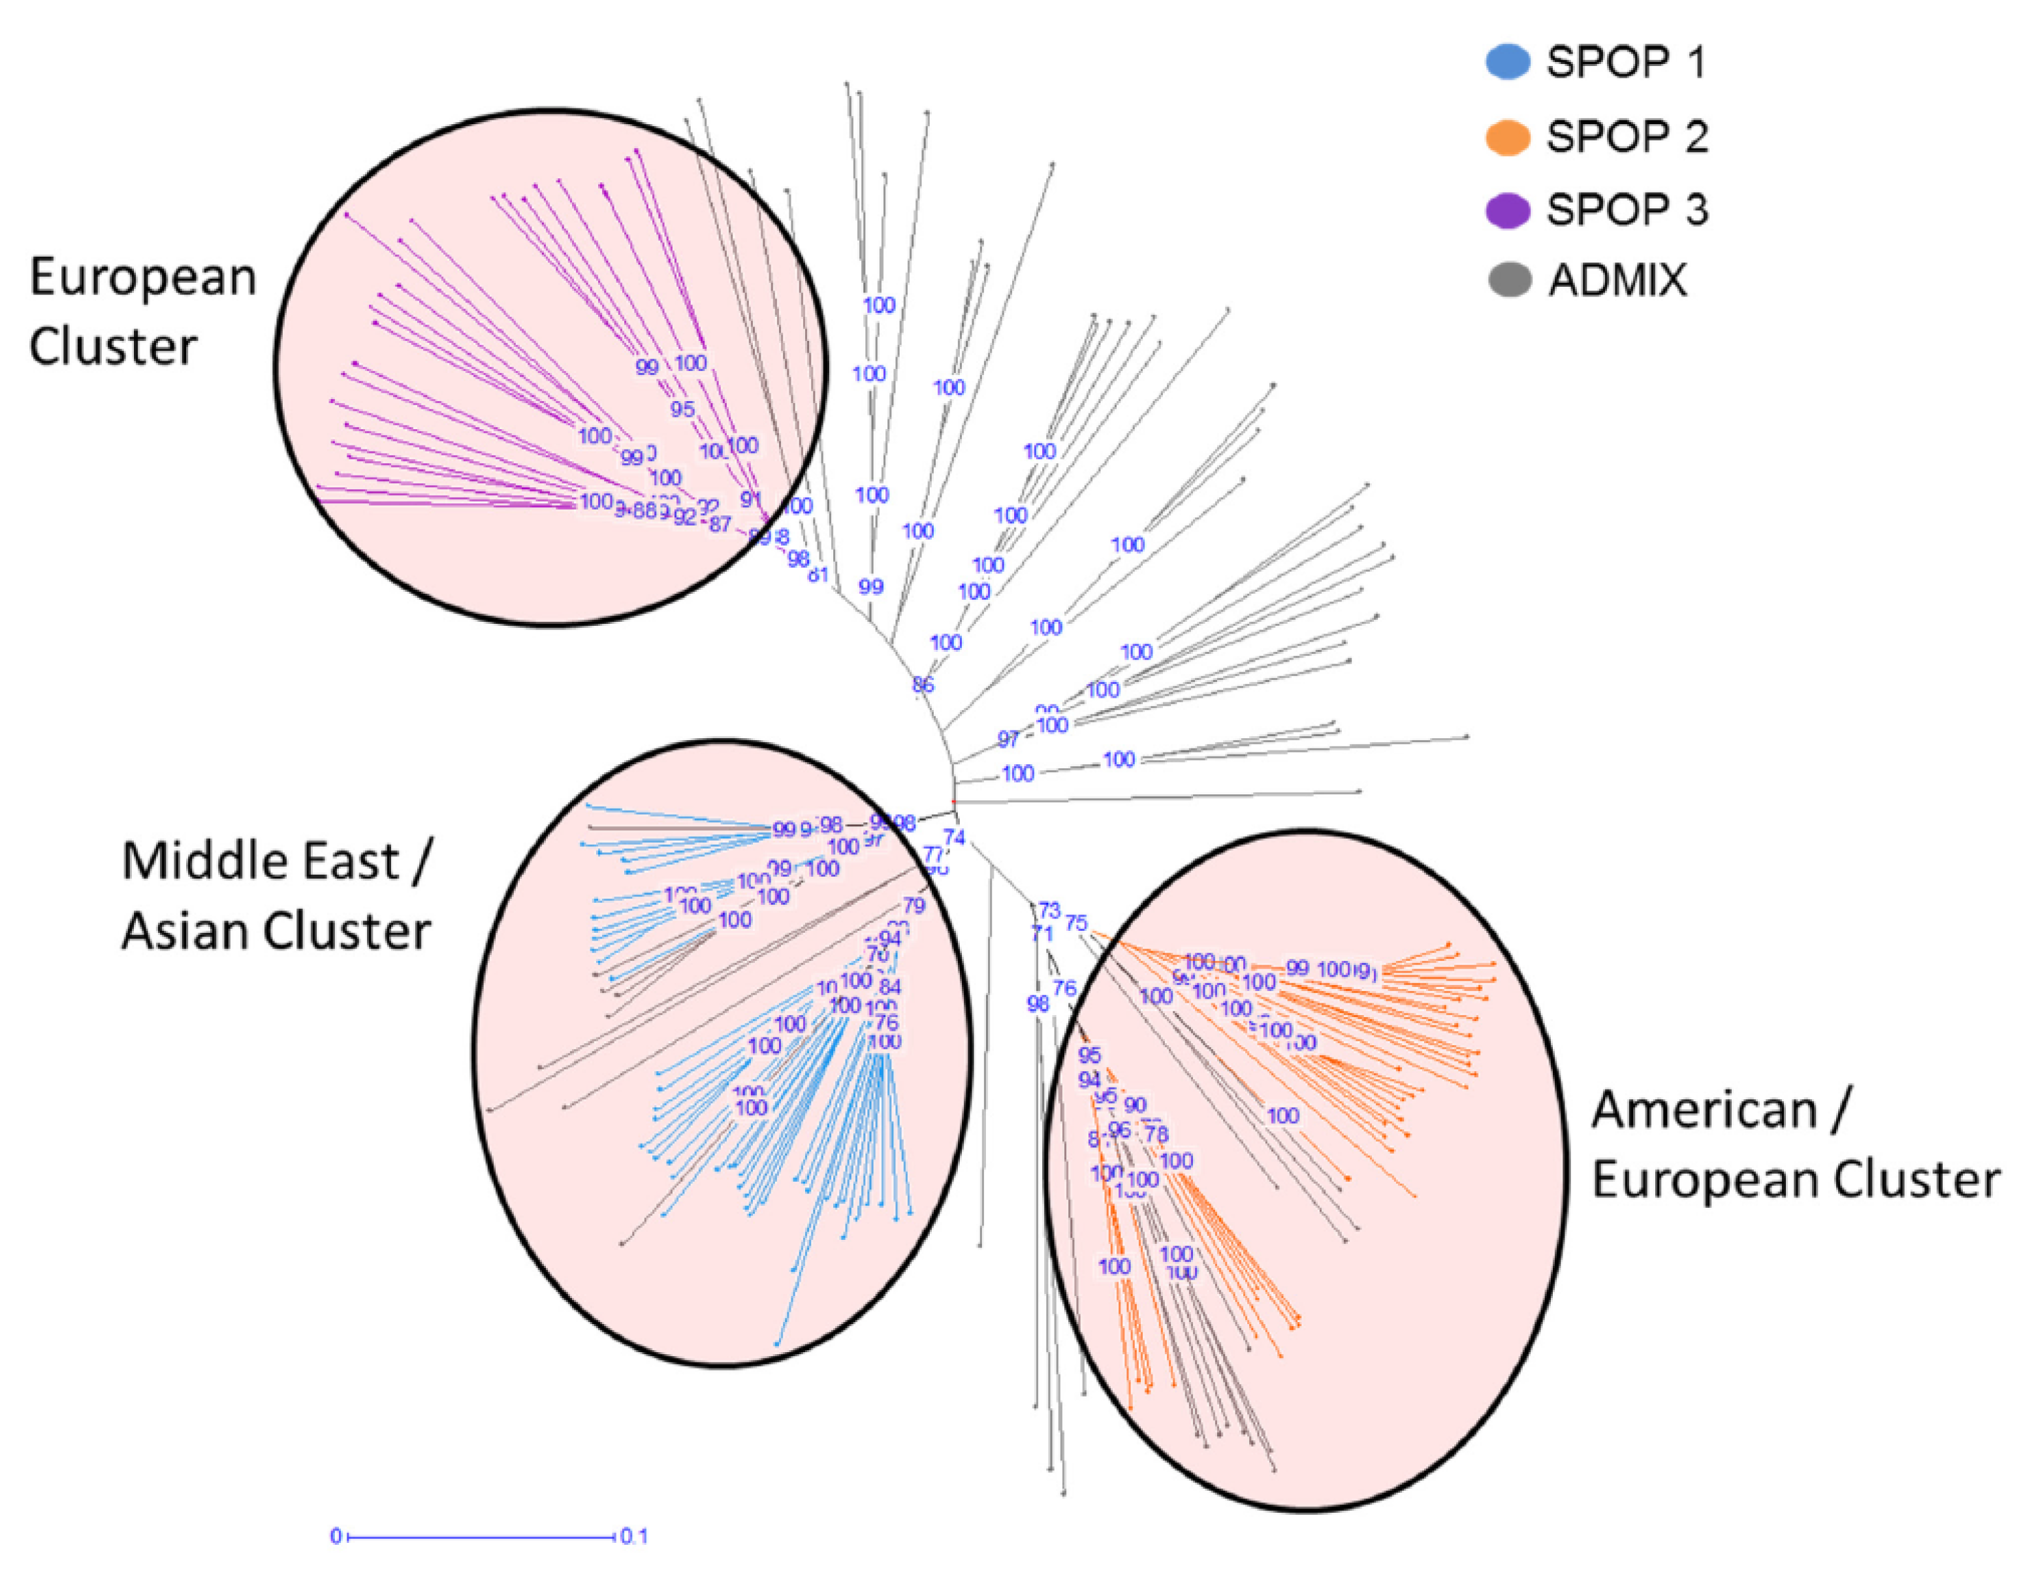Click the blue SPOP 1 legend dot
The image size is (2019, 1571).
tap(1507, 62)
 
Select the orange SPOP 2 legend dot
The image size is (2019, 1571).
tap(1507, 137)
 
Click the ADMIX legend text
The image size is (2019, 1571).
tap(1618, 279)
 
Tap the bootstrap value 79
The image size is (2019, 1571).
tap(914, 905)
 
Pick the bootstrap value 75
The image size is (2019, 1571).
tap(1076, 923)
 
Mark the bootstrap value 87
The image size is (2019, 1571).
tap(720, 525)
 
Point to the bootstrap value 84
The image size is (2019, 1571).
tap(890, 986)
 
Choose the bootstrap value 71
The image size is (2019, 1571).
tap(1042, 934)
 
